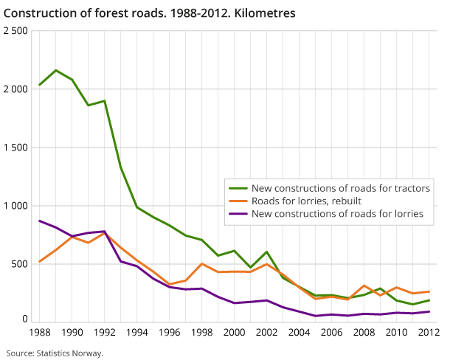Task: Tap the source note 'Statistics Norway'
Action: pos(54,353)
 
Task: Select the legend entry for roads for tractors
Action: pos(340,188)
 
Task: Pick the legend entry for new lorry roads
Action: pos(337,213)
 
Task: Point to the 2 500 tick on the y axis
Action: pos(15,31)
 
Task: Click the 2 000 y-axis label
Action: pos(15,89)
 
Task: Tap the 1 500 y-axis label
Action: pos(15,147)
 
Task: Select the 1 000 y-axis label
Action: pos(15,205)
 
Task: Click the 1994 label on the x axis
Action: pos(136,333)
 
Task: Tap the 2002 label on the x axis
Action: pos(266,333)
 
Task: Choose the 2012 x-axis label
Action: pos(429,333)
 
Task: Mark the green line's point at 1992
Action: pos(105,100)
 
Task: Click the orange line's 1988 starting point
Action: pos(40,261)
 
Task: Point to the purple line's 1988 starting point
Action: pos(40,221)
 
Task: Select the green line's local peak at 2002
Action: pos(267,252)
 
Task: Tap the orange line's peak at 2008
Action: pos(364,285)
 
